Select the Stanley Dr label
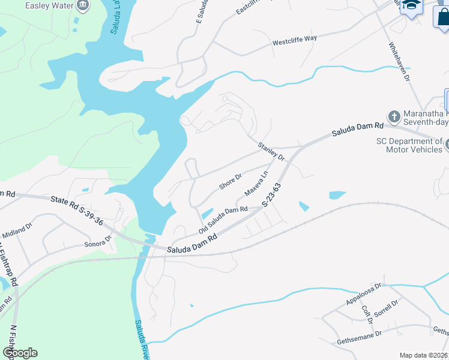tap(271, 150)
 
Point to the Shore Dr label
tap(230, 182)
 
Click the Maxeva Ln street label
tap(256, 185)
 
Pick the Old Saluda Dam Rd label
tap(223, 220)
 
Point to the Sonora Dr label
tap(98, 241)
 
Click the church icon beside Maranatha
tap(394, 116)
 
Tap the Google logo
tap(20, 353)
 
